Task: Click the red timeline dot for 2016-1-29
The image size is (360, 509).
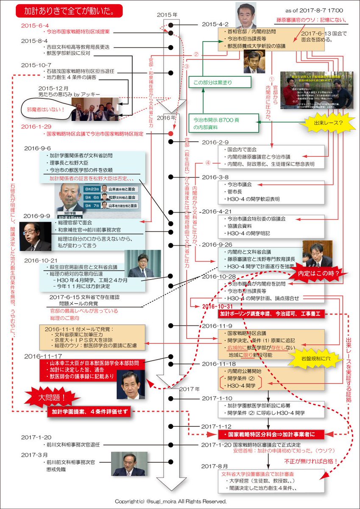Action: tap(170, 134)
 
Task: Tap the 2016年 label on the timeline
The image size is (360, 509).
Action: tap(167, 117)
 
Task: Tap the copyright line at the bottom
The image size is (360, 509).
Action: tap(170, 501)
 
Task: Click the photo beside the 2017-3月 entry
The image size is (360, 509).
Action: tap(129, 464)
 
